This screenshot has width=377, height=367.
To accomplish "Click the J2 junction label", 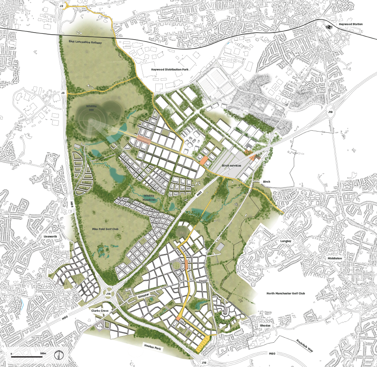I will (61, 6).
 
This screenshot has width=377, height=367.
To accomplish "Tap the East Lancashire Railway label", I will (86, 42).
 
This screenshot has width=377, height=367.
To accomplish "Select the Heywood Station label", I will (351, 24).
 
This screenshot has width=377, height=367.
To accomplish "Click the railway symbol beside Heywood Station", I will (329, 25).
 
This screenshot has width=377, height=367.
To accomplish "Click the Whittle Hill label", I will (91, 108).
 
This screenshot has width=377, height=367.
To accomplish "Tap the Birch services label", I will (232, 165).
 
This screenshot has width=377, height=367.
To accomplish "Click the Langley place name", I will (286, 241).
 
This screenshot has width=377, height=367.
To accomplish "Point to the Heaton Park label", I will (151, 347).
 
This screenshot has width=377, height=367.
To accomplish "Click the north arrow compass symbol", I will (60, 354).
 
